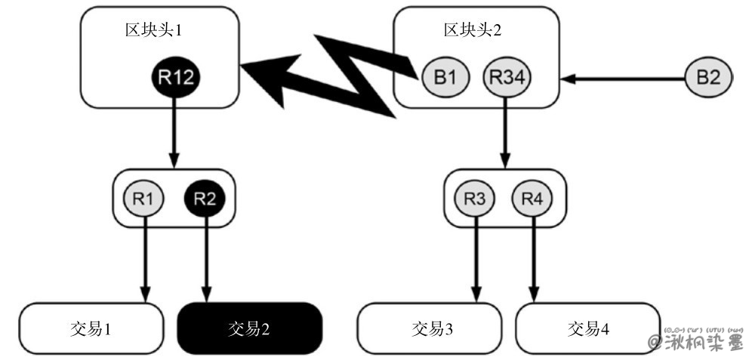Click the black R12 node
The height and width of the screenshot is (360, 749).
(x=175, y=76)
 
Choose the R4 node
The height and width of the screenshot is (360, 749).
(x=533, y=199)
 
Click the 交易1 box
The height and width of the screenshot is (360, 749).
(x=91, y=328)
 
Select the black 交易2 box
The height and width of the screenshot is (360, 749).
(x=249, y=328)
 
